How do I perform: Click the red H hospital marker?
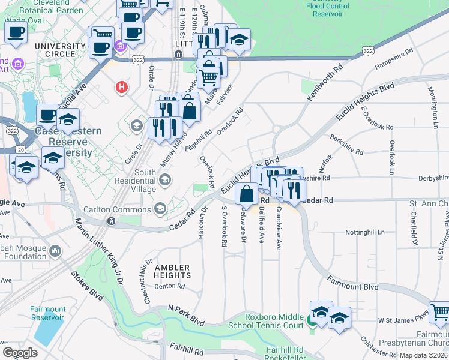pyautogui.click(x=122, y=88)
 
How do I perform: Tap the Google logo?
pyautogui.click(x=20, y=353)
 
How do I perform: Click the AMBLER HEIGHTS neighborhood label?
pyautogui.click(x=172, y=271)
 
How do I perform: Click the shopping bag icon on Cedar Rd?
pyautogui.click(x=247, y=194)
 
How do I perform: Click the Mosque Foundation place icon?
pyautogui.click(x=55, y=250)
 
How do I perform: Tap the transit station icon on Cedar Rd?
pyautogui.click(x=111, y=221)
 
